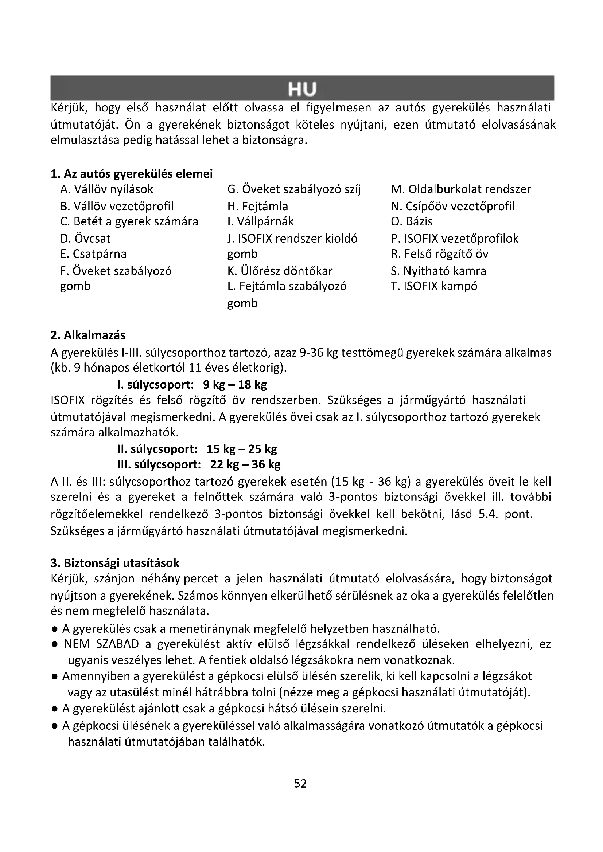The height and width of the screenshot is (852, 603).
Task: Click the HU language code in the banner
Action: [x=301, y=89]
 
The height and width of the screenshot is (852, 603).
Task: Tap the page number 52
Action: [x=300, y=783]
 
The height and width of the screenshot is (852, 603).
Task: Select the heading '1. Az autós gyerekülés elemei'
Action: [x=132, y=174]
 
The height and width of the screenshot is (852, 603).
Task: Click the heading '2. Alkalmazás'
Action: [x=88, y=335]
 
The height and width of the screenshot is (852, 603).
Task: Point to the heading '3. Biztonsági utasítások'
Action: [x=115, y=563]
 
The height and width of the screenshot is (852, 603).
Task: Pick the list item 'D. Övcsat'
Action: [x=85, y=238]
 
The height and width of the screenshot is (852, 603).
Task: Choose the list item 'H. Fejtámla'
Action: [x=257, y=206]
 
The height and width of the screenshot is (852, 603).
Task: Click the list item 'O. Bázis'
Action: [x=411, y=221]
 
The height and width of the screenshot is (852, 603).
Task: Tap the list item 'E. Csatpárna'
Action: [x=93, y=254]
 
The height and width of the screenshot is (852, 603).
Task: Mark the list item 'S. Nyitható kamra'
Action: [x=438, y=271]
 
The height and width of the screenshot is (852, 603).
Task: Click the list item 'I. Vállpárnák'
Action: [x=260, y=221]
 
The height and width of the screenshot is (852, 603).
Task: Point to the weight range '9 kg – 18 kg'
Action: [x=235, y=384]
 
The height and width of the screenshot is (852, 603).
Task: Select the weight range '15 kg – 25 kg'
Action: [x=242, y=449]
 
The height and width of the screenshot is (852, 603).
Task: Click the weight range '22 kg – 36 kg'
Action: [x=245, y=464]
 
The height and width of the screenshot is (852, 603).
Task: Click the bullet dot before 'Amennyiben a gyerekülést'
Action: [x=55, y=677]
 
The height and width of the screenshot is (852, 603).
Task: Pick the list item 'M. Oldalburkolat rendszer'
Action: [x=461, y=189]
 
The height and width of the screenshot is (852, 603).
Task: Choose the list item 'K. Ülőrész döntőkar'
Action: [x=280, y=271]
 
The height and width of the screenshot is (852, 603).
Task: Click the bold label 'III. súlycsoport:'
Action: [x=159, y=464]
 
